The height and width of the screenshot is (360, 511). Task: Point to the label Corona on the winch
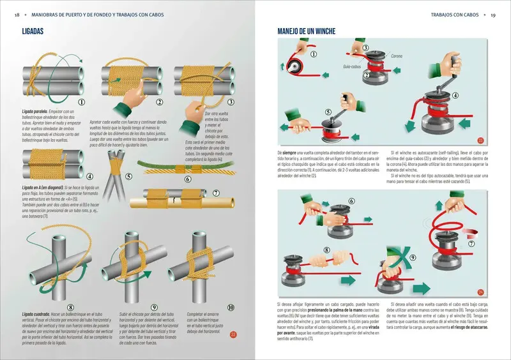(397, 56)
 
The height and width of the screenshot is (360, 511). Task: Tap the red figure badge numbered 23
(481, 140)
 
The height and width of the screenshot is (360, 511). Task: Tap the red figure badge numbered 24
(481, 292)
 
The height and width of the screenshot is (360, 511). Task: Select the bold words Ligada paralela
(36, 111)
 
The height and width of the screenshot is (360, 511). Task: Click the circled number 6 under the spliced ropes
(188, 179)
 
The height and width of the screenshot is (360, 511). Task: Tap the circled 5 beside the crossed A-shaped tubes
(129, 177)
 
